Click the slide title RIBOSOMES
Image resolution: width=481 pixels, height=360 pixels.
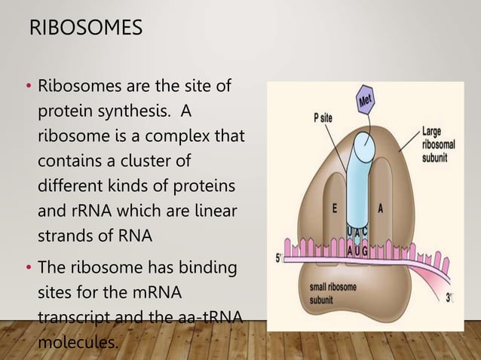coord(84,29)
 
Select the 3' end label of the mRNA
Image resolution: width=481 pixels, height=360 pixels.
coord(450,297)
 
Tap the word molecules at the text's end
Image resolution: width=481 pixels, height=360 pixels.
coord(78,343)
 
